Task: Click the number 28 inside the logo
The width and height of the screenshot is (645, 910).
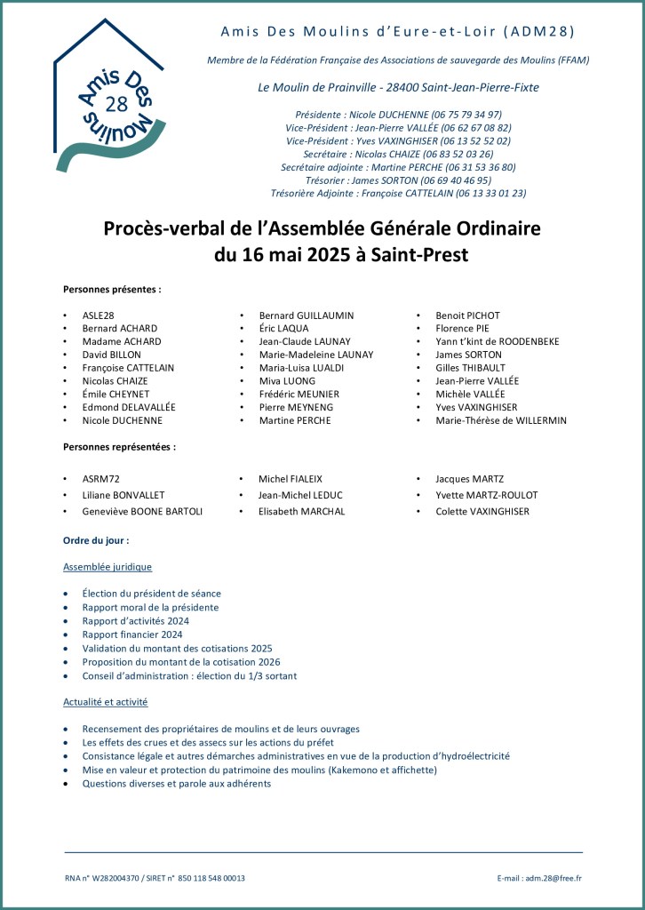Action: tap(115, 103)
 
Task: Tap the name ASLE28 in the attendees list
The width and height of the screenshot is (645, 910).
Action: tap(98, 315)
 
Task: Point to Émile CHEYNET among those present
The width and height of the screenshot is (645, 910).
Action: tap(117, 394)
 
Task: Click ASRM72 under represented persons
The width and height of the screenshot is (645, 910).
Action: tap(100, 479)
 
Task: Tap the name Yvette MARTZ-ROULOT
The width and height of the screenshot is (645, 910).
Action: tap(486, 495)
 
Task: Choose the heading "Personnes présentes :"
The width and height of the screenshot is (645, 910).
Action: tap(112, 290)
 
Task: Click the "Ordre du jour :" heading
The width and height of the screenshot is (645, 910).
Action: tap(96, 540)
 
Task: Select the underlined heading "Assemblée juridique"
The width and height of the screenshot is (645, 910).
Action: tap(107, 566)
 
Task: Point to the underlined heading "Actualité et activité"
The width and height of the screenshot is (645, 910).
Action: tap(105, 701)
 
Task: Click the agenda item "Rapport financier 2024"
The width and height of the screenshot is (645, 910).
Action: tap(132, 635)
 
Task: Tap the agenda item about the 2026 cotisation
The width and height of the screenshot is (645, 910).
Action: tap(181, 662)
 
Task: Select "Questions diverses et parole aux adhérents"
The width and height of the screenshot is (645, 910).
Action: tap(177, 784)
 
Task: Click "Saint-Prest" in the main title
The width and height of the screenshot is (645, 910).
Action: tap(415, 255)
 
